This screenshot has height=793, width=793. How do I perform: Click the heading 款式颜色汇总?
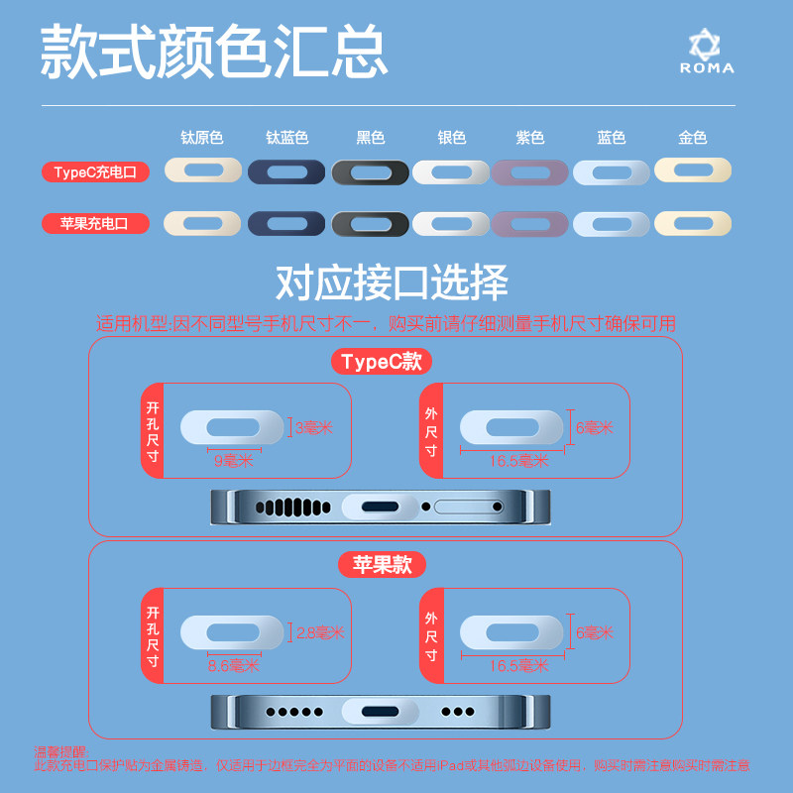click(213, 53)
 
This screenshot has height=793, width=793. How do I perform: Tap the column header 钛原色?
click(202, 139)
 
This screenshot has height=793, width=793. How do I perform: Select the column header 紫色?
click(530, 139)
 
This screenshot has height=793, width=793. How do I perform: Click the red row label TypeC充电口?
click(95, 172)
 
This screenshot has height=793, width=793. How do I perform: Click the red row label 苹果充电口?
click(95, 224)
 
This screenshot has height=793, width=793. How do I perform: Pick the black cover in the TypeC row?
click(370, 172)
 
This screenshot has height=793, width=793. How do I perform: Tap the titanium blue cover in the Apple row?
click(286, 224)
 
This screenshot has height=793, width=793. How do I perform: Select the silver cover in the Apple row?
click(451, 224)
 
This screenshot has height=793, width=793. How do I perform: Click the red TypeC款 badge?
click(382, 362)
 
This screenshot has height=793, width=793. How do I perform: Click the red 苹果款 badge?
click(382, 565)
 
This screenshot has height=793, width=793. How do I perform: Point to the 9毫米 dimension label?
click(233, 460)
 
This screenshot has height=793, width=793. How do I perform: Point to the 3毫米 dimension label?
click(314, 428)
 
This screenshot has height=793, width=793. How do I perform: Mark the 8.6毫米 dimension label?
click(233, 666)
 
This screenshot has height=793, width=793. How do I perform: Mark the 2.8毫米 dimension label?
click(319, 632)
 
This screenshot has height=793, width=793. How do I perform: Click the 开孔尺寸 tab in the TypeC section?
click(152, 430)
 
